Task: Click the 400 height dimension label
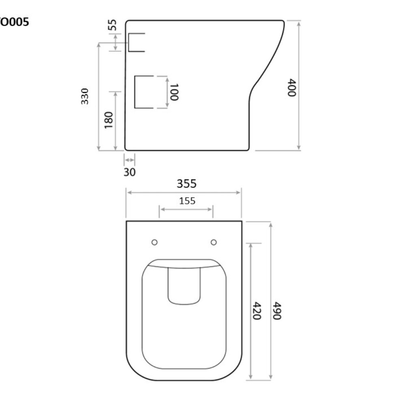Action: point(292,87)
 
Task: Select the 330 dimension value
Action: point(85,96)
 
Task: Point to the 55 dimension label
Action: point(112,24)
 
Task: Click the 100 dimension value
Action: point(174,92)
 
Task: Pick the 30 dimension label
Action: point(130,172)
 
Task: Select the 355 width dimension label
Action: point(186,184)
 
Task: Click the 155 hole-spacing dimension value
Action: point(186,200)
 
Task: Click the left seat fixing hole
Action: point(154,242)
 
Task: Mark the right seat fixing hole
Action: point(214,242)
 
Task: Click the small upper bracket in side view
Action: point(136,42)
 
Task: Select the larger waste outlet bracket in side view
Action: point(143,92)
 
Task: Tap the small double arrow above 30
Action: point(130,160)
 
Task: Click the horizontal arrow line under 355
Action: point(184,193)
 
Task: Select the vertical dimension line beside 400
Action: point(299,85)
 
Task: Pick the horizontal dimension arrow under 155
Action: point(186,209)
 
